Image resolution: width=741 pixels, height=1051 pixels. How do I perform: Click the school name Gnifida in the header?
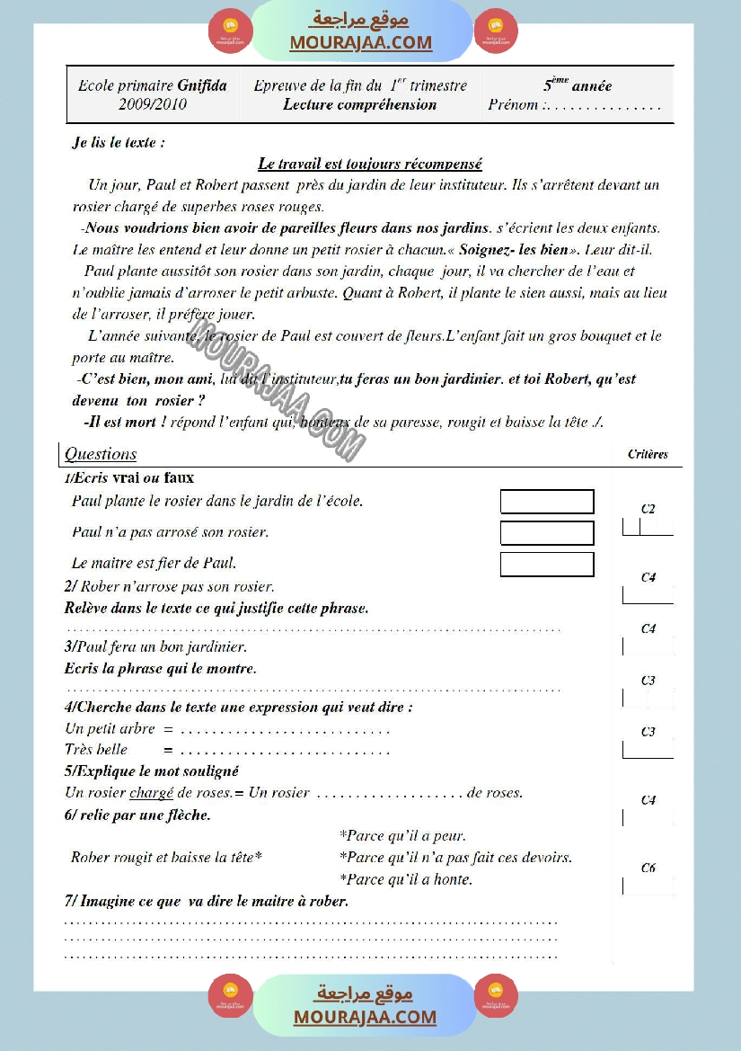click(x=202, y=86)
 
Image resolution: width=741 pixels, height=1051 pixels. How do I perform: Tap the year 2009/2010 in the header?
click(x=153, y=104)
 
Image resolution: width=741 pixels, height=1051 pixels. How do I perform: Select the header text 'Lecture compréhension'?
click(x=359, y=104)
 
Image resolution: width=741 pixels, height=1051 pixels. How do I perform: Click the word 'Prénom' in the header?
click(x=514, y=104)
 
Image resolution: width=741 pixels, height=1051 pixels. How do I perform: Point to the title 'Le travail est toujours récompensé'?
click(x=370, y=164)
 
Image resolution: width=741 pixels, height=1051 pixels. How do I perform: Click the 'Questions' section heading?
click(x=101, y=454)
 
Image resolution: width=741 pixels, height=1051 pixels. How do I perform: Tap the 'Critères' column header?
click(x=648, y=454)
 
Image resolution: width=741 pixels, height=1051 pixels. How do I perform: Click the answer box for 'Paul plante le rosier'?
click(x=547, y=502)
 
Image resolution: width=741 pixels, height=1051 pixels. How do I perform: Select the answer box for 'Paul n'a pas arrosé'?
click(x=547, y=533)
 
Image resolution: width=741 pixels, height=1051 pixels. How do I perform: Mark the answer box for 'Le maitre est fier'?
click(x=547, y=565)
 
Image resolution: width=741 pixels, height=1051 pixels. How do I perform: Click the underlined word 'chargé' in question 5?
click(x=151, y=793)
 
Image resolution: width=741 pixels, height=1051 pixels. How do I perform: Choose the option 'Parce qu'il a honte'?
click(x=406, y=879)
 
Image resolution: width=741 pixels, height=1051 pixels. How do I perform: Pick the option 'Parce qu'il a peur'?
click(x=402, y=836)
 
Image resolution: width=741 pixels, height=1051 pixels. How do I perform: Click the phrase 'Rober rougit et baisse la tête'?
click(x=166, y=858)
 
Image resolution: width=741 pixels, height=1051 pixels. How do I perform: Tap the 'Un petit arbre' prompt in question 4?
click(x=110, y=729)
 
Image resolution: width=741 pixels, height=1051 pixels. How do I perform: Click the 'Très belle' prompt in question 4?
click(x=96, y=750)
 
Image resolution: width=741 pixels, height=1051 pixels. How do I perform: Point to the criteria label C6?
click(x=648, y=868)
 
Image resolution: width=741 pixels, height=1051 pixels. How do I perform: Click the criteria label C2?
click(x=648, y=509)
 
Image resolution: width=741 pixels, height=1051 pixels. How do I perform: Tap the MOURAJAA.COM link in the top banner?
click(x=361, y=42)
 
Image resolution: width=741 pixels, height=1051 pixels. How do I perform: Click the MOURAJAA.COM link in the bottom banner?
click(x=365, y=1017)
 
